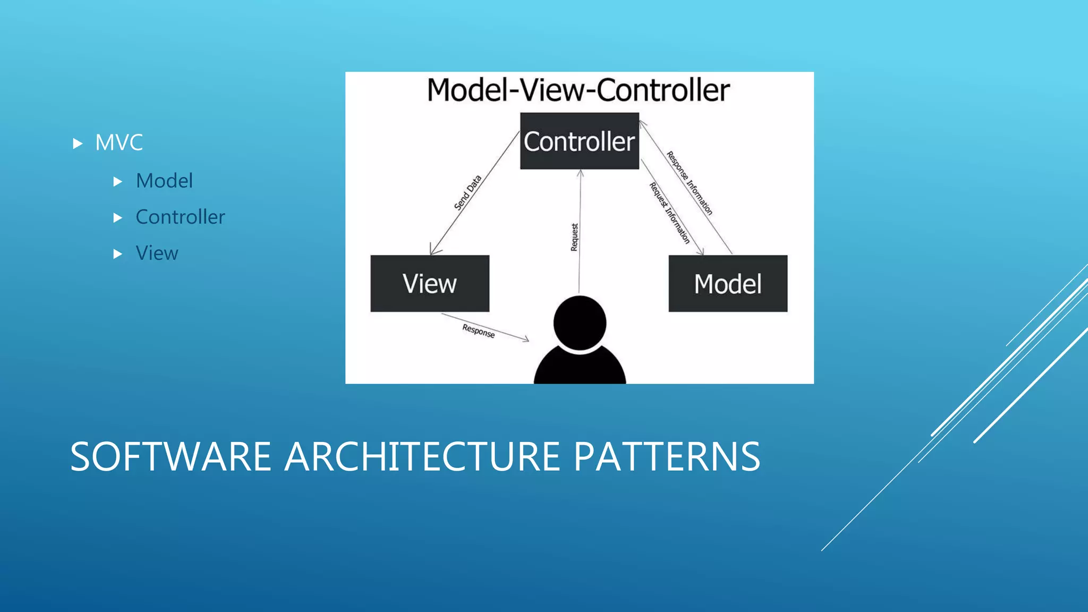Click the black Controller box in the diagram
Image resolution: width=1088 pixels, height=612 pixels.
[579, 141]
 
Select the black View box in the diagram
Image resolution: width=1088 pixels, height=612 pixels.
[430, 283]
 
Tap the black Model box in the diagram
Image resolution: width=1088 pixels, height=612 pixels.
[728, 283]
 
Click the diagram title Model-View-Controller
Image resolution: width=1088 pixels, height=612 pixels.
[579, 90]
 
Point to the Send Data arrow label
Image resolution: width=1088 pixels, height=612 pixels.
[467, 192]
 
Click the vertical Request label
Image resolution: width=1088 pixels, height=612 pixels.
[574, 237]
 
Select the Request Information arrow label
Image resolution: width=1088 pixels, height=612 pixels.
[669, 212]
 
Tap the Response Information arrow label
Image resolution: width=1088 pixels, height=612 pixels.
[690, 183]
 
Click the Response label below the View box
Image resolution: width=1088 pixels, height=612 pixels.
[478, 330]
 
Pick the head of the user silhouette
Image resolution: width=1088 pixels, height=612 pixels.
[580, 322]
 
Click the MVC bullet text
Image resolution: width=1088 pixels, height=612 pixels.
[119, 142]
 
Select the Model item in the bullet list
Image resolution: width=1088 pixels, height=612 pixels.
[164, 181]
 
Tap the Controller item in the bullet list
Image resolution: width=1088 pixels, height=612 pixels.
[180, 217]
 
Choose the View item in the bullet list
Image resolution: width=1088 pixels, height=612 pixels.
[157, 253]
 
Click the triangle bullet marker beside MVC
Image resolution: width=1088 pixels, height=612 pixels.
[78, 143]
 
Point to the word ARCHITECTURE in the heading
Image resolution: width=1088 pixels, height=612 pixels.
[422, 457]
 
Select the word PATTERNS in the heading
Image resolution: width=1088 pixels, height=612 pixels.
[667, 457]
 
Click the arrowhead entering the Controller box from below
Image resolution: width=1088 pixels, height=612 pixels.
[580, 173]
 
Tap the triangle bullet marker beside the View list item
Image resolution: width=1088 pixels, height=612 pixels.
[118, 254]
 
